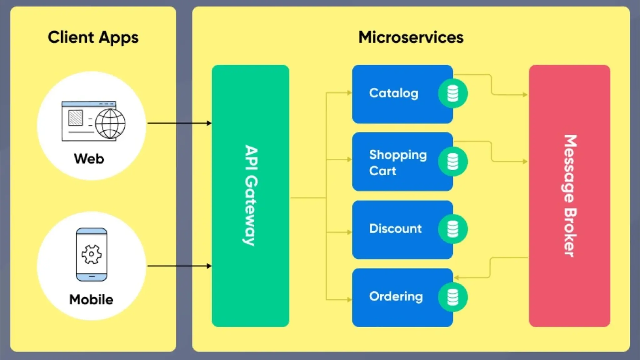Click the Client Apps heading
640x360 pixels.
click(93, 38)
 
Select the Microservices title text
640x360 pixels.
click(411, 37)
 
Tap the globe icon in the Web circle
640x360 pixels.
click(110, 124)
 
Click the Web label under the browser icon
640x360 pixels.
click(89, 159)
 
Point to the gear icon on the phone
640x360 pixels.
click(92, 254)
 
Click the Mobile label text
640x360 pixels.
click(91, 299)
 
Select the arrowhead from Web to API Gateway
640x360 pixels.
click(209, 123)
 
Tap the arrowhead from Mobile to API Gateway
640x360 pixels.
click(209, 266)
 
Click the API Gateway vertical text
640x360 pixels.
click(251, 196)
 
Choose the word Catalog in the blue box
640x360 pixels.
click(393, 93)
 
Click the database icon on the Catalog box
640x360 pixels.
click(452, 93)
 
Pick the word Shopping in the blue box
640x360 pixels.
click(398, 155)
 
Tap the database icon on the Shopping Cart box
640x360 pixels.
click(452, 162)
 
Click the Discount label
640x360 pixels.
click(395, 229)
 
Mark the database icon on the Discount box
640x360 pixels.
click(452, 229)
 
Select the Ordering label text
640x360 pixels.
click(396, 296)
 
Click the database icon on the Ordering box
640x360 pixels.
click(452, 297)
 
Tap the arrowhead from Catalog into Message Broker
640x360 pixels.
click(525, 94)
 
